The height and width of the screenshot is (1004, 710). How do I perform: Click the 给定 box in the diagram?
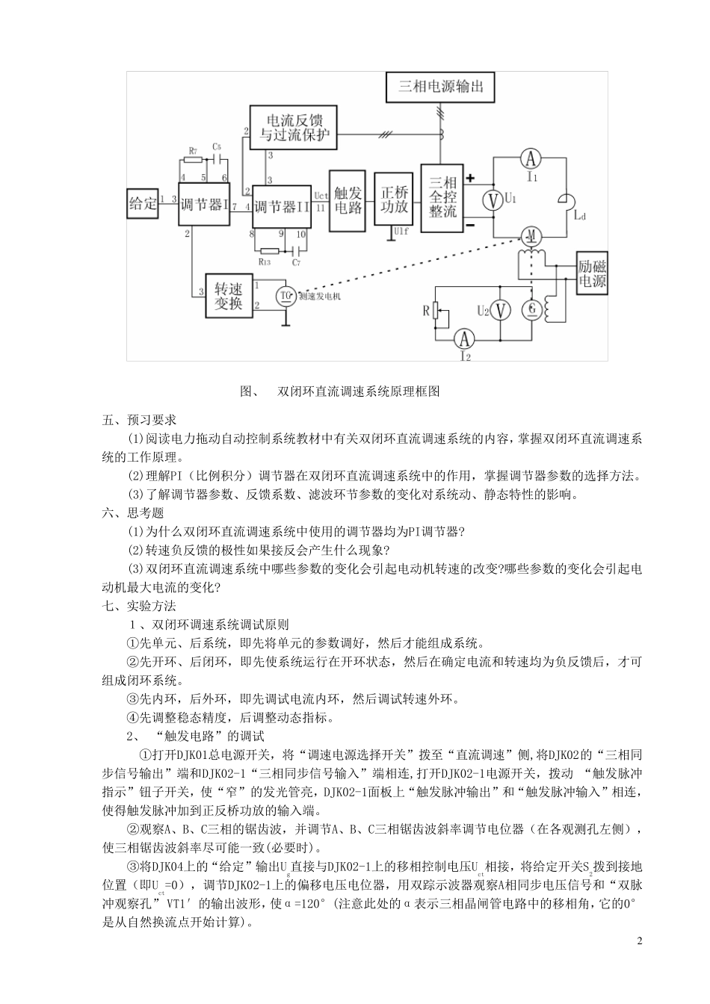(143, 203)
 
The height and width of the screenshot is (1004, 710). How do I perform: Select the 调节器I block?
(203, 204)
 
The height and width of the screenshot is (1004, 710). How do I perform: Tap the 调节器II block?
(282, 207)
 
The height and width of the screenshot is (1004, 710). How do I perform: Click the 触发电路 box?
(348, 199)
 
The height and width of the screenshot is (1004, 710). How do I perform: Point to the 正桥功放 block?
(394, 199)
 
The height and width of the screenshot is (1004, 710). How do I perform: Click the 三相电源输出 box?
(440, 87)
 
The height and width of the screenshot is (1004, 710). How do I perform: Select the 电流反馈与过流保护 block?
(293, 127)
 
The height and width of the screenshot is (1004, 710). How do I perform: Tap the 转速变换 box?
(228, 296)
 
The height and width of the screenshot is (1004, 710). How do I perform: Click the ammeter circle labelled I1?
(530, 158)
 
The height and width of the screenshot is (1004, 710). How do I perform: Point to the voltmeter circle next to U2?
(502, 309)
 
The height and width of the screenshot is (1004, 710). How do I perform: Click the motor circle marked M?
(531, 237)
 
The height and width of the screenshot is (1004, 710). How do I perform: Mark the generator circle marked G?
(532, 309)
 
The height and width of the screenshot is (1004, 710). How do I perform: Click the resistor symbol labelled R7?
(194, 160)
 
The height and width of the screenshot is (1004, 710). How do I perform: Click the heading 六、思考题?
(133, 513)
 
